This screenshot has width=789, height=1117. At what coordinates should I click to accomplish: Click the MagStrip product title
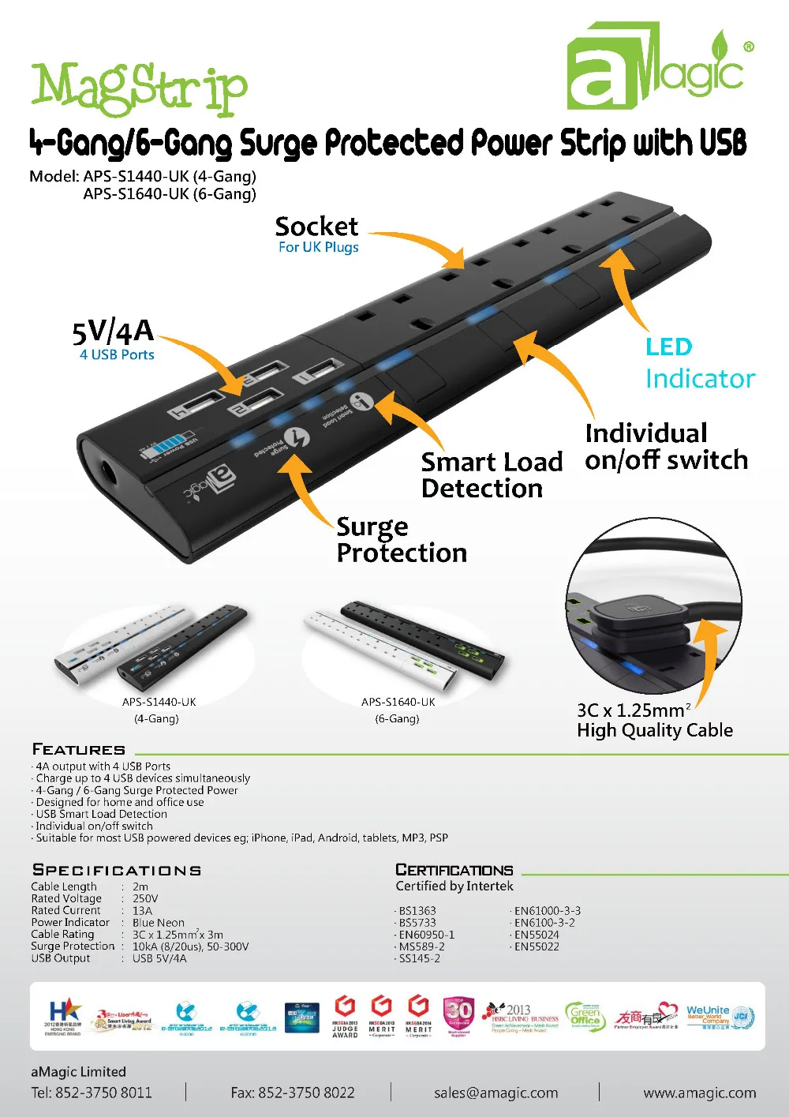click(x=139, y=88)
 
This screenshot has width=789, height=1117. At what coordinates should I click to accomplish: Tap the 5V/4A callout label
click(x=113, y=332)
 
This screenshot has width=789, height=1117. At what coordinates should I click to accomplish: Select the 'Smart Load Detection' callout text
click(x=491, y=474)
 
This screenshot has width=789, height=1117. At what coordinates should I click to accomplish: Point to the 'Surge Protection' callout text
click(x=401, y=539)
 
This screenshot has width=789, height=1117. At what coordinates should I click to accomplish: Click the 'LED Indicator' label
click(x=699, y=363)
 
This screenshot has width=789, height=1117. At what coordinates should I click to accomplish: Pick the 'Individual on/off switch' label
click(x=665, y=446)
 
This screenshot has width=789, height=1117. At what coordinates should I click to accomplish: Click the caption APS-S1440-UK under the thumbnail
click(x=159, y=702)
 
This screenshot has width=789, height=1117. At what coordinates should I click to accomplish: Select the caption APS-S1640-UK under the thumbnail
click(x=398, y=702)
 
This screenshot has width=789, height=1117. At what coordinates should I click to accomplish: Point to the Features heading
click(x=78, y=749)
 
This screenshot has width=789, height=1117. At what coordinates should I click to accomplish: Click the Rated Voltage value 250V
click(x=145, y=898)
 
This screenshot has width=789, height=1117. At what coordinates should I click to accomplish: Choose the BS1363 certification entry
click(x=417, y=910)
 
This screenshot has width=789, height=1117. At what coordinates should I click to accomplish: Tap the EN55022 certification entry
click(x=537, y=946)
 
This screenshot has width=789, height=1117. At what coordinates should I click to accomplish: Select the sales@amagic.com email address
click(x=495, y=1093)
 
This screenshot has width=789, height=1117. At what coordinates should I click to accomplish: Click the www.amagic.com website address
click(x=699, y=1093)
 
